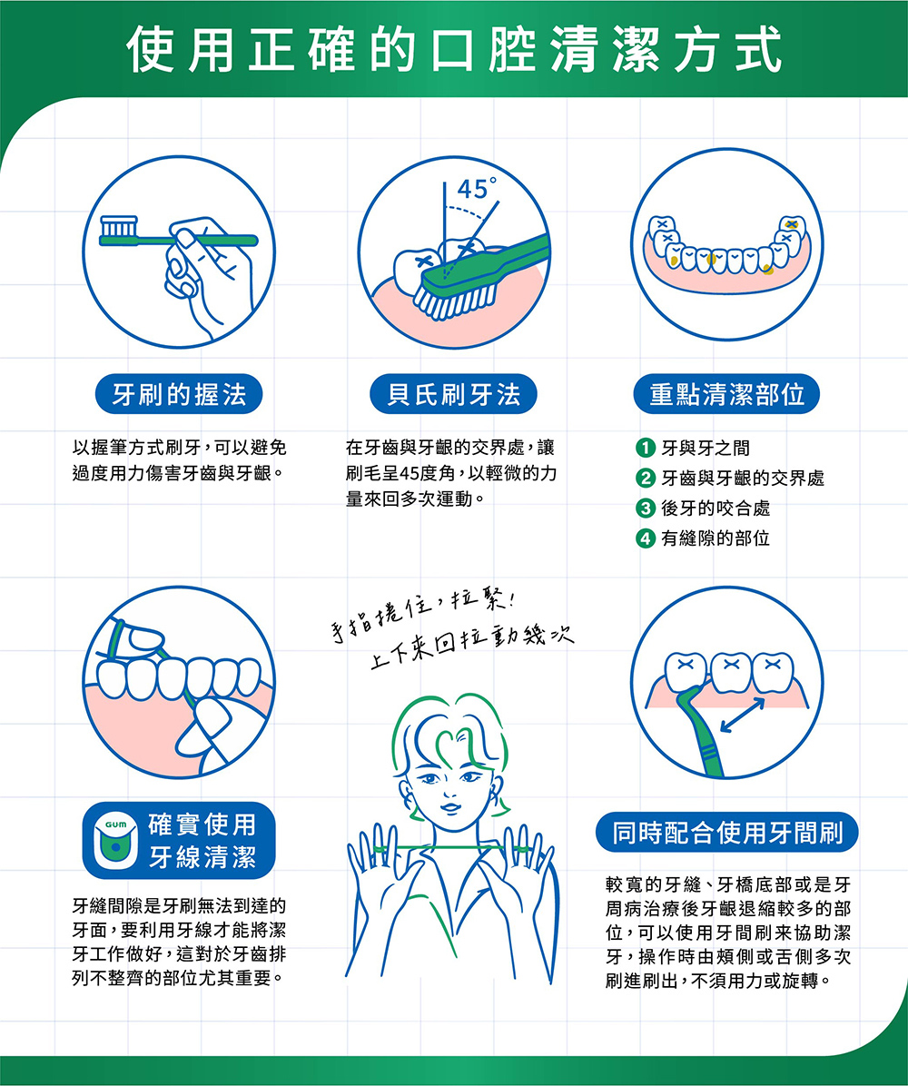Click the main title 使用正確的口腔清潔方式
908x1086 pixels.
click(454, 50)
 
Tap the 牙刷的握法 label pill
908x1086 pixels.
click(179, 394)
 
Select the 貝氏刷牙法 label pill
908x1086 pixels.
click(454, 394)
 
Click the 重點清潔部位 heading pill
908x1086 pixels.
click(726, 394)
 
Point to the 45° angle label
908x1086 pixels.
click(477, 188)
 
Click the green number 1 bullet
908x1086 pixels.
click(646, 449)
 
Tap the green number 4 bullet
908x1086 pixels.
click(646, 538)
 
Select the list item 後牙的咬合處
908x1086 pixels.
click(716, 508)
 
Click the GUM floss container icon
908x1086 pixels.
click(115, 840)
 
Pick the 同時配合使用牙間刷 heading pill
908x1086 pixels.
click(726, 832)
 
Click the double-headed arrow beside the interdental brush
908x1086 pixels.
click(742, 715)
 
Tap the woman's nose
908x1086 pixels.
click(451, 790)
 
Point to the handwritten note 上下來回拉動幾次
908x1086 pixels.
click(472, 647)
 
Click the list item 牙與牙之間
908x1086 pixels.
click(706, 449)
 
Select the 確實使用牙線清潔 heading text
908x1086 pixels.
click(202, 841)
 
